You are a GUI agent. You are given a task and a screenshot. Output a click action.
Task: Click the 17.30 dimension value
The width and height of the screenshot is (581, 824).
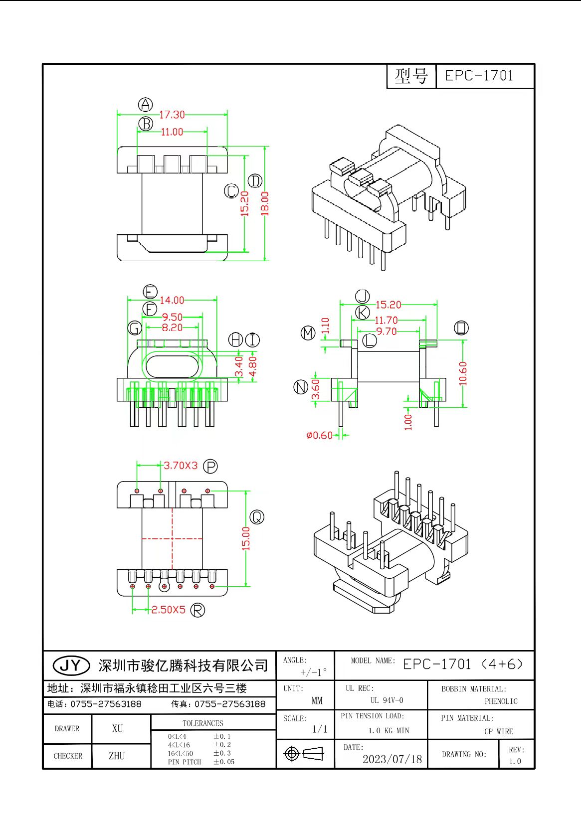(x=172, y=115)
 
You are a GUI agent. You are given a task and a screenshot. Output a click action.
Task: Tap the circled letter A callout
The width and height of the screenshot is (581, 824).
(x=145, y=105)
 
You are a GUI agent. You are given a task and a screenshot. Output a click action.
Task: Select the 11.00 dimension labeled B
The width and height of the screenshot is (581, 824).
(x=172, y=132)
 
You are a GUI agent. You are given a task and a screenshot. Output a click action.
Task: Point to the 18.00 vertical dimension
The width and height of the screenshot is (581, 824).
(x=265, y=203)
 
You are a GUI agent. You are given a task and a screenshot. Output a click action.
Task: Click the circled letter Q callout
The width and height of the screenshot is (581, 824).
(x=256, y=517)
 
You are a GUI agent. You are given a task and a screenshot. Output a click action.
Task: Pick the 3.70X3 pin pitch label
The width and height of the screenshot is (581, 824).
(x=181, y=466)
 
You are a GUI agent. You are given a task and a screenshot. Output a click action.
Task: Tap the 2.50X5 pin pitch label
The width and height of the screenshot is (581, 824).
(x=168, y=610)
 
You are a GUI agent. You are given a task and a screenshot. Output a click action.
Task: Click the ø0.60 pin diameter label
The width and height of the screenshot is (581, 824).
(x=319, y=436)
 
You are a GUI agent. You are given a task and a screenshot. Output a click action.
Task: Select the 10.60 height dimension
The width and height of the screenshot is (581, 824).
(x=463, y=373)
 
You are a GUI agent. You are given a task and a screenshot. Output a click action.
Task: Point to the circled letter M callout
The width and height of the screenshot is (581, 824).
(x=308, y=333)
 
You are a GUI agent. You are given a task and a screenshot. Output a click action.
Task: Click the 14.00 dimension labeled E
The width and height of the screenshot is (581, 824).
(x=172, y=300)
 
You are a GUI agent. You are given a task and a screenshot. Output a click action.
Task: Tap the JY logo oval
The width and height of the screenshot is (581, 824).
(x=71, y=665)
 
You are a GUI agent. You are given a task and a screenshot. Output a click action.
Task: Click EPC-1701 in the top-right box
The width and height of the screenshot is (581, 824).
(x=479, y=76)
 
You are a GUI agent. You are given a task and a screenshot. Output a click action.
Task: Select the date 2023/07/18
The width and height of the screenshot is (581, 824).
(x=392, y=759)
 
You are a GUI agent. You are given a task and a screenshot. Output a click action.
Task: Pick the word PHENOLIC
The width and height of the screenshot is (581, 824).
(x=501, y=701)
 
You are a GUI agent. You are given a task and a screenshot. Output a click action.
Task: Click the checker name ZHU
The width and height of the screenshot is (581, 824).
(x=117, y=756)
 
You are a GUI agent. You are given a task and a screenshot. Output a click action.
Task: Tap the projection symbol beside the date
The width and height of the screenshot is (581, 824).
(x=304, y=754)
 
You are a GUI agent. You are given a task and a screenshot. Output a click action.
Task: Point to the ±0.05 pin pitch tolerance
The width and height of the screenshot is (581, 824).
(x=224, y=762)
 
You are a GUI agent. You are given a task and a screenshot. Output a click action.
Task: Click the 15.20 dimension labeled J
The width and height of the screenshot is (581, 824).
(x=388, y=305)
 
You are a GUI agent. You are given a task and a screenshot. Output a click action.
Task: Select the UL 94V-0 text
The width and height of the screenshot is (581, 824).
(x=387, y=700)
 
